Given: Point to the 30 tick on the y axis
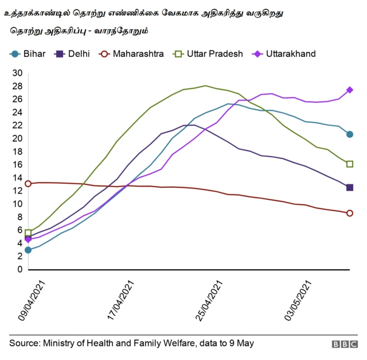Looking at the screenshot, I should [x=17, y=73].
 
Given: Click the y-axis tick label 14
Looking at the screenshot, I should [x=17, y=178].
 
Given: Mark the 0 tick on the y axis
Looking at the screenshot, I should [x=19, y=269].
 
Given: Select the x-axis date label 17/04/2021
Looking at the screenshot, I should [x=121, y=300].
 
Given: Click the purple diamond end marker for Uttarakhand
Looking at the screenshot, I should [x=350, y=90].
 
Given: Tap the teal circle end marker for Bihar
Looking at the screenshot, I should [x=350, y=134].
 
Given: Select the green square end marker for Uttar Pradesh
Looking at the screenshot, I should [x=350, y=164].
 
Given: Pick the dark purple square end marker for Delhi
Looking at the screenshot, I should [x=350, y=188].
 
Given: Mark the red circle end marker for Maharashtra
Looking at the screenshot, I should [x=350, y=213].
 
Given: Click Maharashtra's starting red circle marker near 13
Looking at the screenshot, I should [x=28, y=184].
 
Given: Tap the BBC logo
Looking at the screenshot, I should [x=344, y=344].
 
